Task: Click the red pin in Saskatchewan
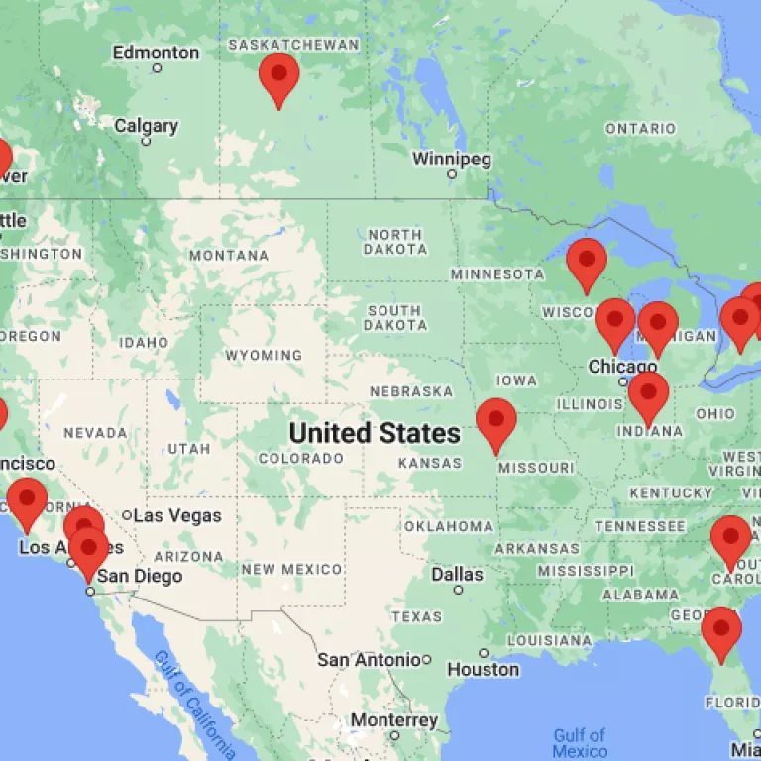pos(278,76)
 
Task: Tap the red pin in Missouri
pos(496,421)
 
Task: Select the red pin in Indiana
pos(648,395)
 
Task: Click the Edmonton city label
pos(156,53)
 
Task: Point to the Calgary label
pos(146,126)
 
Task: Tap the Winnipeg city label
pos(452,160)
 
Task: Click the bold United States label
pos(375,433)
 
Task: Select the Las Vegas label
pos(176,515)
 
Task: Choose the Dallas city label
pos(457,575)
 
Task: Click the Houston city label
pos(483,670)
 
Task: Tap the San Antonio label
pos(369,659)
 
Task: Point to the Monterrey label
pos(394,720)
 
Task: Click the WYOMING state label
pos(264,355)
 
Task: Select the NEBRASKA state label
pos(411,391)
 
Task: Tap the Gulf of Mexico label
pos(580,743)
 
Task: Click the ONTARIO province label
pos(640,129)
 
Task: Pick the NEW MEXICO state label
pos(292,569)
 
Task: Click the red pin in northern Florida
pos(721,630)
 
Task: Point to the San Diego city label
pos(145,576)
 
